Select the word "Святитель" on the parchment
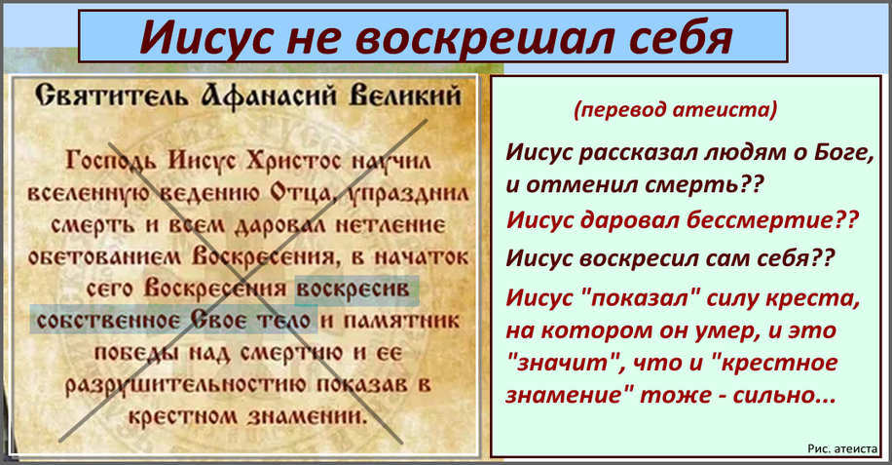[111, 95]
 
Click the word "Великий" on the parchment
[404, 96]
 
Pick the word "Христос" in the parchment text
[293, 161]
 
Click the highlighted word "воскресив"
[353, 289]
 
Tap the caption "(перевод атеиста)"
[675, 109]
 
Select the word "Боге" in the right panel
[843, 152]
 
